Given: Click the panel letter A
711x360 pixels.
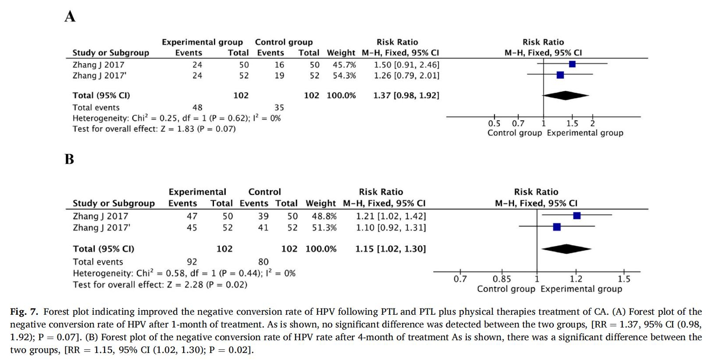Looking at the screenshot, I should tap(70, 16).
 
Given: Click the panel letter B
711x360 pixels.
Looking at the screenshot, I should tap(69, 159).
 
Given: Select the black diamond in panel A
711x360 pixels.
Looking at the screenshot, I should tap(566, 95).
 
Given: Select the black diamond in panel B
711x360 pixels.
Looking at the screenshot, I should tap(566, 249).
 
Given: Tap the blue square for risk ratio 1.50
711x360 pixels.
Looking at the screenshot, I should tap(572, 64).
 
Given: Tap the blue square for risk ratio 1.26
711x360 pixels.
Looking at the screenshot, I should tap(560, 75).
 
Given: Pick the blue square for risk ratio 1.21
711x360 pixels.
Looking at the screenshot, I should tap(577, 215).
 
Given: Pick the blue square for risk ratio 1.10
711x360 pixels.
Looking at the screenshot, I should tap(557, 227).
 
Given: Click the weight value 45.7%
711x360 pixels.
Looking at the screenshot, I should tap(344, 65).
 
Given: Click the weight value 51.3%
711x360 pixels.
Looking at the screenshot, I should tap(324, 228).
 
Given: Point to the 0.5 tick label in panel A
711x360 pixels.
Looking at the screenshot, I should tap(494, 124).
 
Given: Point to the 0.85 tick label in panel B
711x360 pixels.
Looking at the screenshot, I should tap(501, 279).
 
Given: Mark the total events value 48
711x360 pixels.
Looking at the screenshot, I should tap(197, 107).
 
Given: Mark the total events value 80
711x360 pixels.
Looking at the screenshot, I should tap(263, 262).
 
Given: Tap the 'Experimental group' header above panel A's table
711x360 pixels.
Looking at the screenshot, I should tap(202, 42).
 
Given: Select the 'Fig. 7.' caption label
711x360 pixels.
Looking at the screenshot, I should tap(24, 312).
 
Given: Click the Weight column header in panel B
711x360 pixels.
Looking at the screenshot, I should tap(321, 203).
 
